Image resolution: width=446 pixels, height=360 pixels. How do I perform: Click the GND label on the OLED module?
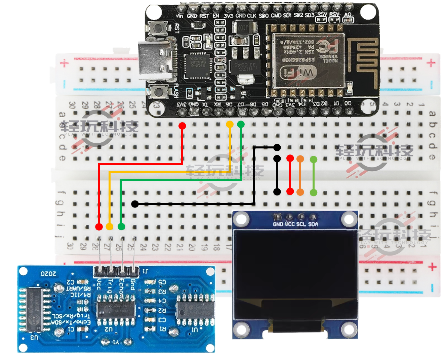tap(278, 224)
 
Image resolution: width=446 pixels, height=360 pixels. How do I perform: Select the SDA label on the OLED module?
tap(313, 224)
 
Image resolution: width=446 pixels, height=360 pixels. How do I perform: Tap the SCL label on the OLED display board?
tap(301, 224)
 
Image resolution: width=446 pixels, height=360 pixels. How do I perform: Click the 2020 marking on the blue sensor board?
tap(48, 274)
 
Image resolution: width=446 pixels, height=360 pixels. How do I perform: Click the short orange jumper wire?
tap(300, 175)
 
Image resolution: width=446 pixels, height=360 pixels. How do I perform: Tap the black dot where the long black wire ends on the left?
tap(135, 204)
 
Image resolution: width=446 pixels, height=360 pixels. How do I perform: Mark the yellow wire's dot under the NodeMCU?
tap(230, 124)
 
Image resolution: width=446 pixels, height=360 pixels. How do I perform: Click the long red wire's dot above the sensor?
tap(99, 227)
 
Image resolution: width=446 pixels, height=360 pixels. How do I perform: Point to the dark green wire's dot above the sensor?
tap(121, 227)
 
